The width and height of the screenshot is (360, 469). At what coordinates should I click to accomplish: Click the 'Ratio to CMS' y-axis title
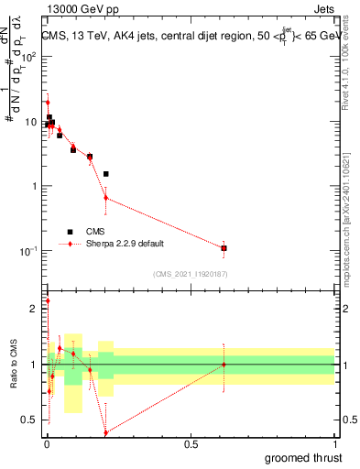14,365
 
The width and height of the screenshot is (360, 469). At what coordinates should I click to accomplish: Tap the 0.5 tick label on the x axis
191,442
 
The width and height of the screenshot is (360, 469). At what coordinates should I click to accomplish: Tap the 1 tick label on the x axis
334,442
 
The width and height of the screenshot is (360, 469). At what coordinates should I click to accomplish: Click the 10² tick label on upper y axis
29,57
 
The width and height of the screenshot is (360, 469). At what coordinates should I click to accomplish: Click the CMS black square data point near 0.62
224,248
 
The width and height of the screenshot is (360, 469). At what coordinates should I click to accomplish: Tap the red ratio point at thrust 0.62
224,365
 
